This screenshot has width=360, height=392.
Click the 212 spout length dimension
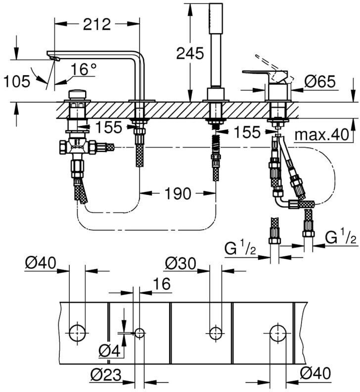(x=97, y=24)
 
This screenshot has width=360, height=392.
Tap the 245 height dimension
(x=190, y=53)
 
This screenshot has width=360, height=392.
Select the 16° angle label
(x=84, y=69)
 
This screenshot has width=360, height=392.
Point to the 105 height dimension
(x=17, y=82)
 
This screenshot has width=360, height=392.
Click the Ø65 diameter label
(x=320, y=82)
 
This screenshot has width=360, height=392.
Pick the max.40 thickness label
(x=321, y=135)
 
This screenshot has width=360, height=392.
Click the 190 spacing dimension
(x=178, y=193)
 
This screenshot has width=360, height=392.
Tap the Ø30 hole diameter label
(x=180, y=263)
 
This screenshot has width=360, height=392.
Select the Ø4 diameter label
(x=109, y=351)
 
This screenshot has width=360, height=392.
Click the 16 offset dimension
(x=161, y=284)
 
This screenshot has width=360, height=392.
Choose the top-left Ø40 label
(x=41, y=263)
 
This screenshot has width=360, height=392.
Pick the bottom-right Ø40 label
(x=315, y=374)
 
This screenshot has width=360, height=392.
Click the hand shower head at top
(x=216, y=18)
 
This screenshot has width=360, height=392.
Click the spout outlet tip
(x=54, y=58)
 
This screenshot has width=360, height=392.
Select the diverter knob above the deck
(x=77, y=94)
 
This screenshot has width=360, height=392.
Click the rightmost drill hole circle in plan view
(x=278, y=333)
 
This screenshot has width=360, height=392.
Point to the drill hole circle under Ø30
(x=215, y=333)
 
